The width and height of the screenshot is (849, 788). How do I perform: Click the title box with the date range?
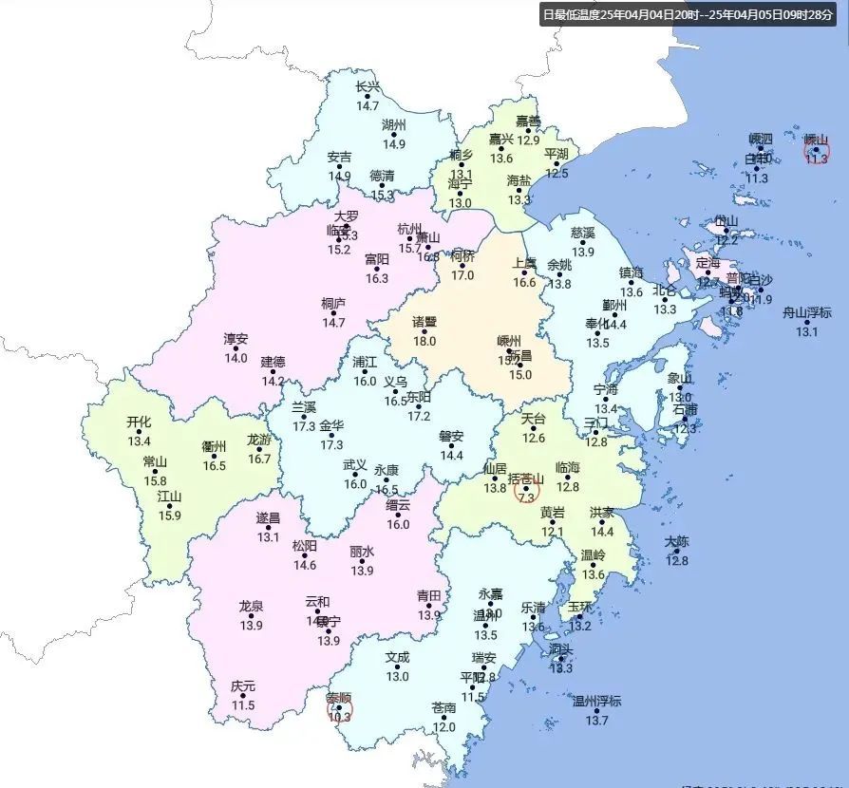tap(691, 14)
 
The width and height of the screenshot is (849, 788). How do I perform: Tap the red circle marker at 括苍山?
tap(527, 491)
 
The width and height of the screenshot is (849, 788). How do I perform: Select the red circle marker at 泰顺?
tap(339, 708)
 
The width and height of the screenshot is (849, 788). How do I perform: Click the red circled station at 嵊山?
tap(817, 150)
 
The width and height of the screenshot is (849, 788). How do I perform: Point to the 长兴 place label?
tap(368, 87)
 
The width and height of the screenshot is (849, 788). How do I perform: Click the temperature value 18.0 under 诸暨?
tap(424, 341)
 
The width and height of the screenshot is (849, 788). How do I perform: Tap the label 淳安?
tap(236, 339)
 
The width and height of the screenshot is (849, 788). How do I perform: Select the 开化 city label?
tap(139, 422)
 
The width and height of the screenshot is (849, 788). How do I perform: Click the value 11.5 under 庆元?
tap(243, 705)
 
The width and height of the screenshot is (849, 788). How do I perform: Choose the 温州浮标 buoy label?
tap(596, 702)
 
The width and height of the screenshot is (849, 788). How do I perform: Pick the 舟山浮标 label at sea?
tap(806, 312)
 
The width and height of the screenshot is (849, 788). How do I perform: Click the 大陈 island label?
tap(677, 542)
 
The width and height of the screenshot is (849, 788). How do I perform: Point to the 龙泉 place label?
tap(251, 606)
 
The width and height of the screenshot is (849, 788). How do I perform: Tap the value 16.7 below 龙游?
tap(259, 459)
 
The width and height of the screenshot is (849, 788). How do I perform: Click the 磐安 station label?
tap(451, 437)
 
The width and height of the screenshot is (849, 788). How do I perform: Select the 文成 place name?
tap(397, 657)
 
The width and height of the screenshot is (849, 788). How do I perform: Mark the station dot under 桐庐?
tap(333, 314)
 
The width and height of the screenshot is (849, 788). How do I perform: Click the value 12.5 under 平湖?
tap(557, 173)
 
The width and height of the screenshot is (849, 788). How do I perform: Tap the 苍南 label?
tap(443, 708)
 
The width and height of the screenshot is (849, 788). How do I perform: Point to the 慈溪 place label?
tap(582, 233)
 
